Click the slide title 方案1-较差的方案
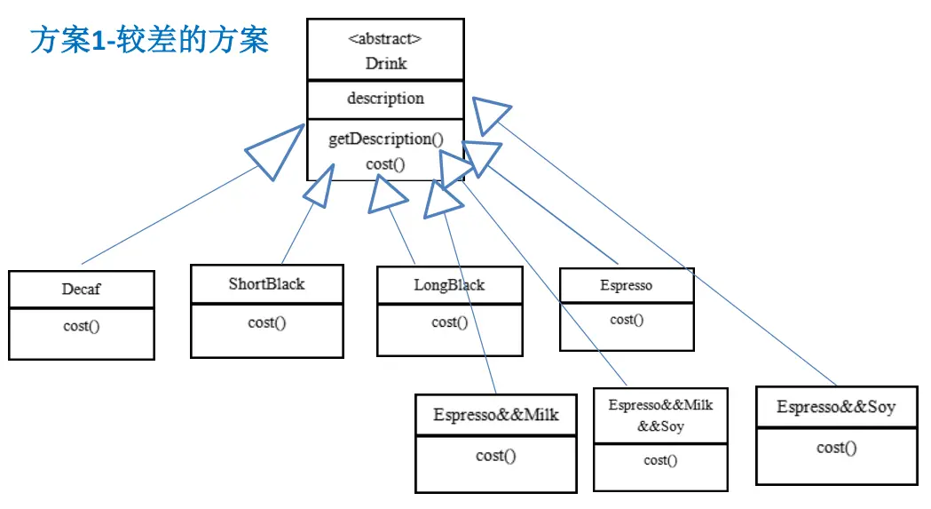(149, 41)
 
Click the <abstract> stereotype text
(385, 39)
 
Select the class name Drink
(386, 64)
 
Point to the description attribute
(385, 98)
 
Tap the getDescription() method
(386, 139)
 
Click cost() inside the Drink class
(385, 164)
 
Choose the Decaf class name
(82, 289)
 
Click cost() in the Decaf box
(82, 326)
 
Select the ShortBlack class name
(266, 283)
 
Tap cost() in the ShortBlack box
(266, 322)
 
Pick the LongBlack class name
(449, 285)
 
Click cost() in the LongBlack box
(449, 322)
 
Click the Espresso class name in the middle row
(627, 285)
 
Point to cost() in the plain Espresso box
(627, 320)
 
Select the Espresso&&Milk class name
(496, 415)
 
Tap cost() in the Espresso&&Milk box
(496, 456)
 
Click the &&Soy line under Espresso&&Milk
(661, 426)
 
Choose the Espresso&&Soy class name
(836, 407)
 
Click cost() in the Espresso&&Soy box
(837, 448)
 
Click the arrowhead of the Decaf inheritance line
(274, 152)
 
